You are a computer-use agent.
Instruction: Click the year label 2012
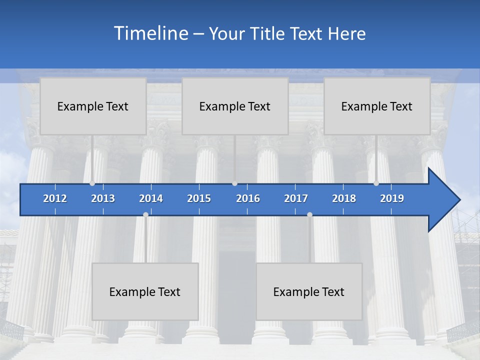coord(55,198)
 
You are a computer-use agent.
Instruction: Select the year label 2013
coord(103,198)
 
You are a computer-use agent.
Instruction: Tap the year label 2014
coord(151,198)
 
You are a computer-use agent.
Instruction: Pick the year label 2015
coord(199,198)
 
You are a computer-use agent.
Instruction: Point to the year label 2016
coord(248,198)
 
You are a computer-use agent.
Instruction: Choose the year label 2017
coord(296,198)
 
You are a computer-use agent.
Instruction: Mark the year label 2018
coord(344,198)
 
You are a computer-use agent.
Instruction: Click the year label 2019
coord(392,198)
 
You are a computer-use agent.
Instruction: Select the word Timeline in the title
coord(150,33)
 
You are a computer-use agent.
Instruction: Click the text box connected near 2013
coord(93,106)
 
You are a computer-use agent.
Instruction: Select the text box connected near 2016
coord(235,106)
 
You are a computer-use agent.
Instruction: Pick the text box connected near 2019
coord(377,106)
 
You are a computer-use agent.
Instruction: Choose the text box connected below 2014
coord(145,291)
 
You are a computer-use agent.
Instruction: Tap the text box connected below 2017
coord(309,291)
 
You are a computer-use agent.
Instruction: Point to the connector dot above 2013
coord(92,183)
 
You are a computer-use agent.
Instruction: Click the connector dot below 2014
coord(145,214)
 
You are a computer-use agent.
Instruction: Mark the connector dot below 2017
coord(309,214)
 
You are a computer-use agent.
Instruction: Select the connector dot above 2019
coord(376,183)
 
